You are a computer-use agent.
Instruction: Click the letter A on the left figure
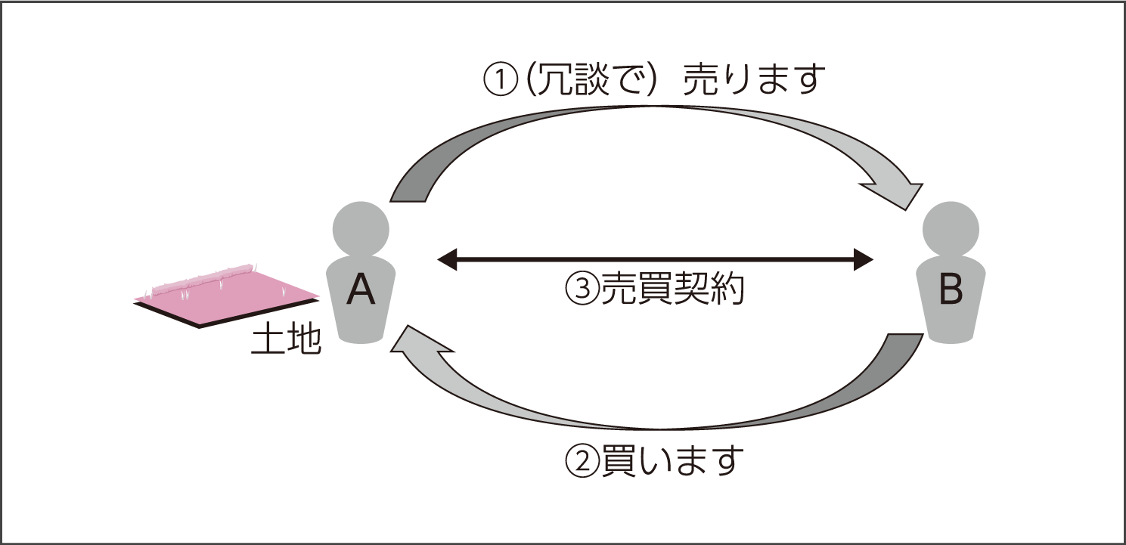coord(361,290)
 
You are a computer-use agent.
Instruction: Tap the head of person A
coord(361,228)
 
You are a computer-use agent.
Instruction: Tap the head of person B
coord(951,228)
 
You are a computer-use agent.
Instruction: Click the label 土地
coord(286,342)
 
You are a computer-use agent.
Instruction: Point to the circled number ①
coord(501,80)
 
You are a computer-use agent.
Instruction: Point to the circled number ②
coord(581,460)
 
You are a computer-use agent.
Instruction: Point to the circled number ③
coord(581,289)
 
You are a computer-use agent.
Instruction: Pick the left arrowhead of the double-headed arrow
coord(448,259)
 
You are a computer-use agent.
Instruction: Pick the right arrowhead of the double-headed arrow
coord(864,259)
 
